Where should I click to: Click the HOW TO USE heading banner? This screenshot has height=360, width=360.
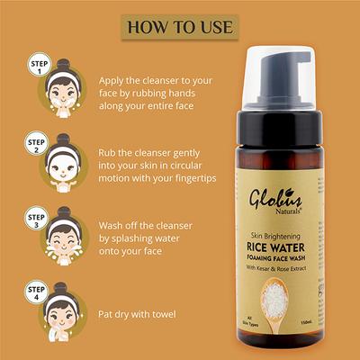click(179, 25)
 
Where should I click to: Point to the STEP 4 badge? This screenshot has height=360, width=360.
click(37, 292)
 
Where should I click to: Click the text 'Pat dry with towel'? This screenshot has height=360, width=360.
click(144, 313)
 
